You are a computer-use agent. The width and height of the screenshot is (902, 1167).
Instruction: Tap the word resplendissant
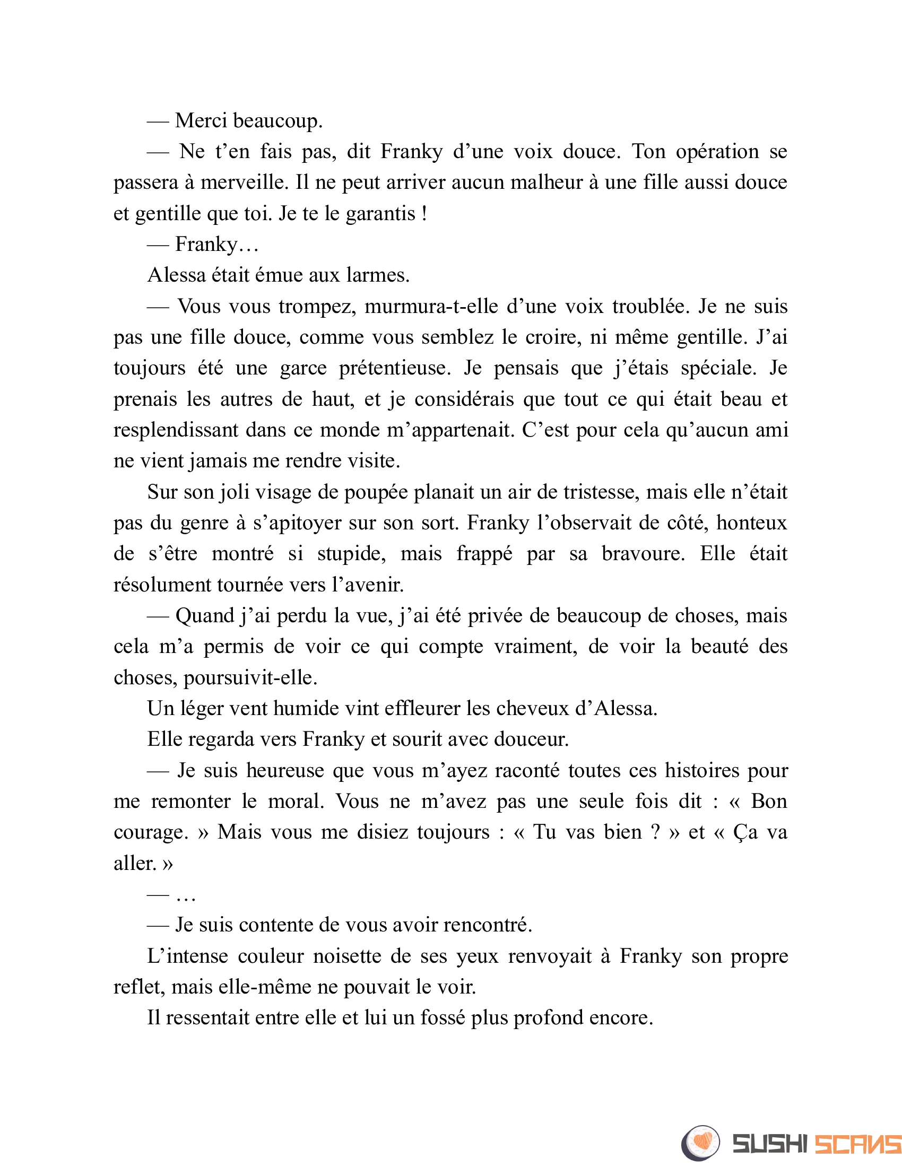[176, 430]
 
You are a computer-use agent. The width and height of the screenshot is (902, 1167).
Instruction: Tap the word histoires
[702, 771]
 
